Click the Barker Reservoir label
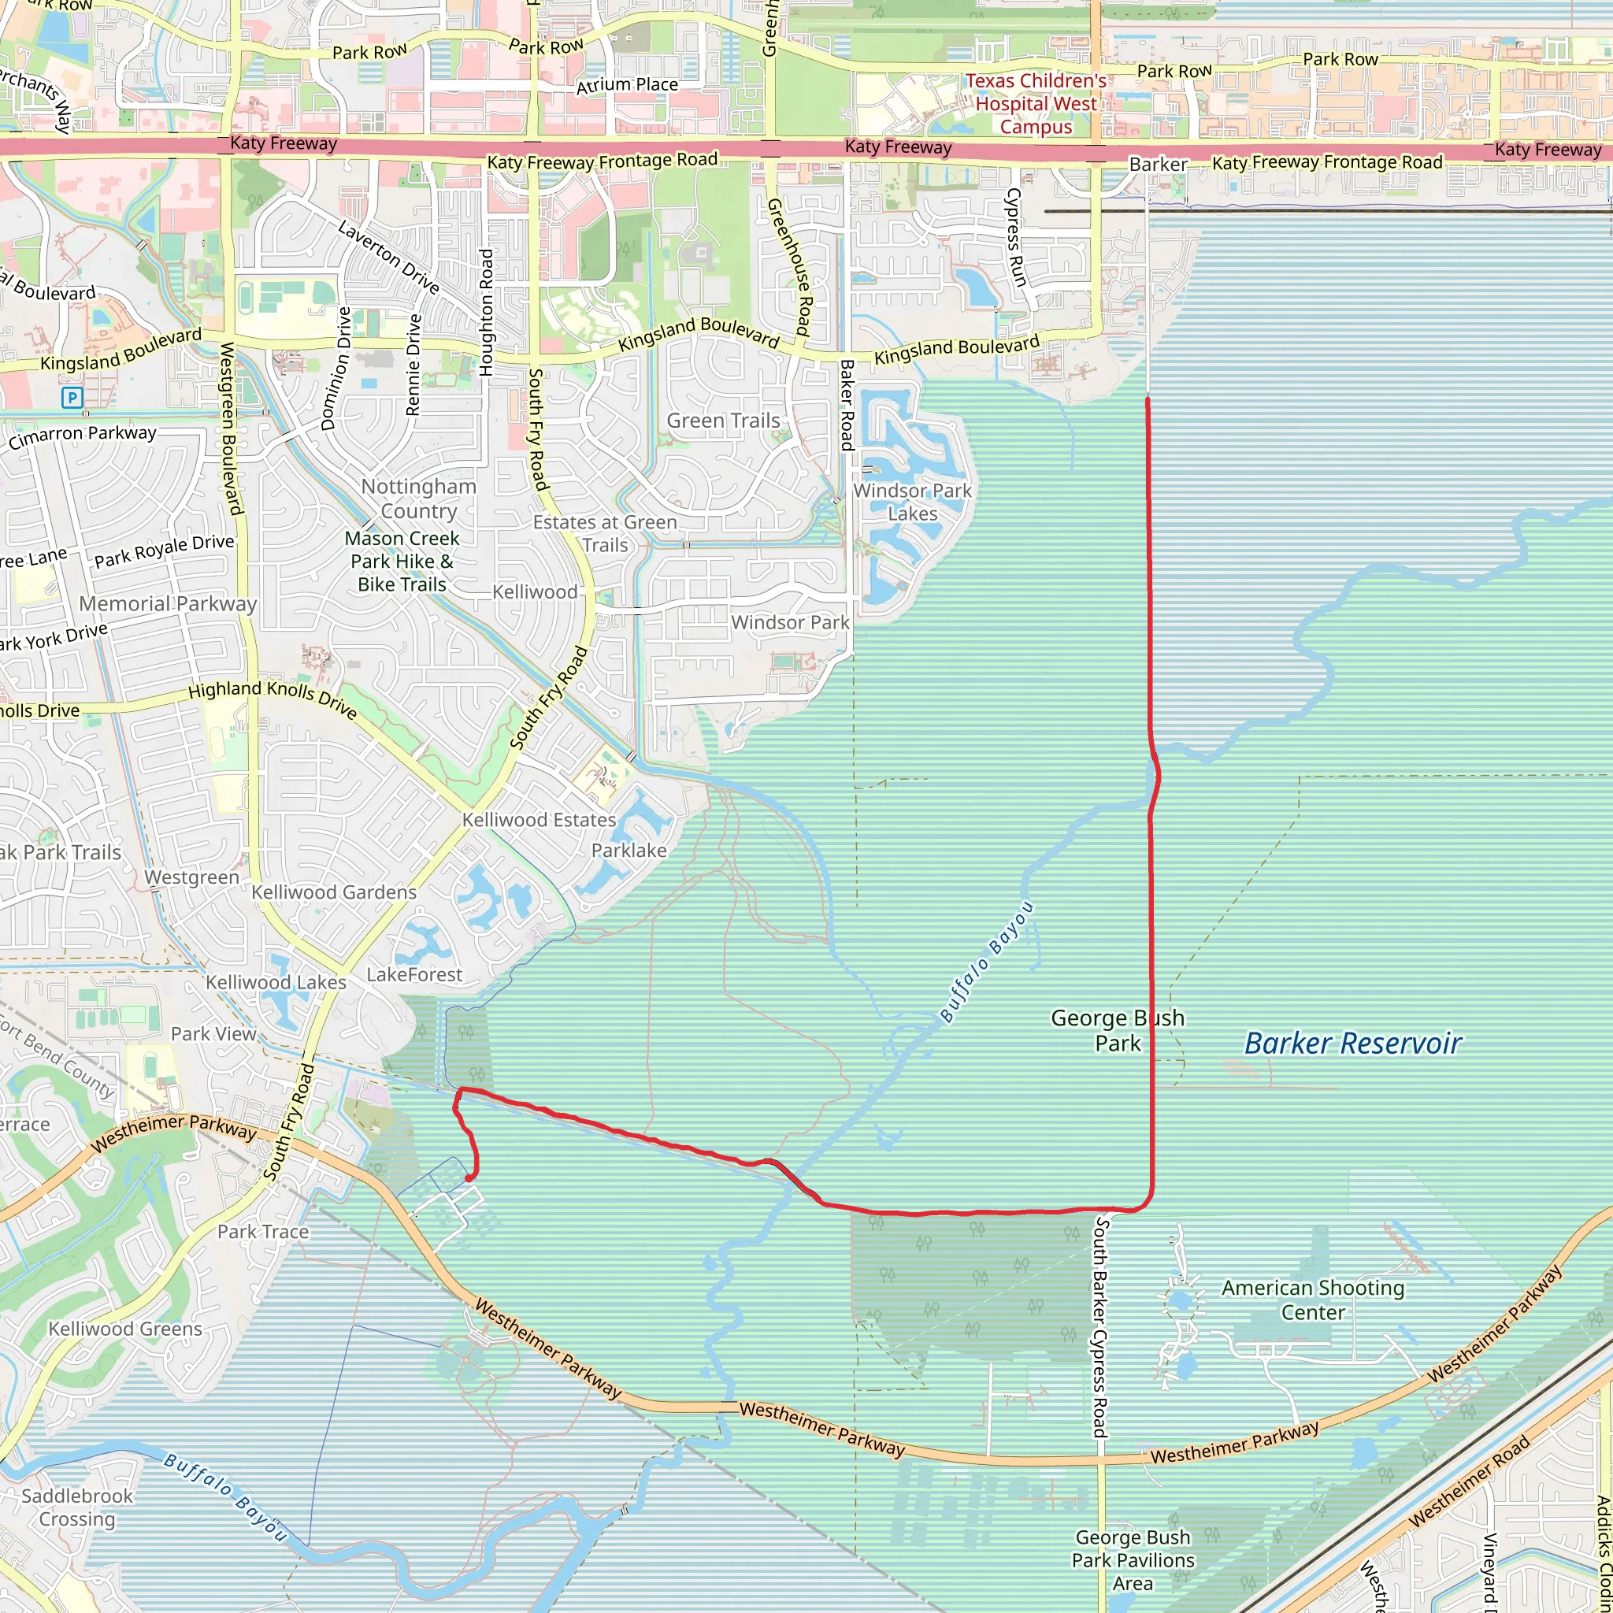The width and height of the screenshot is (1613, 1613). click(x=1352, y=1044)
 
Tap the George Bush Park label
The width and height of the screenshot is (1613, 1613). click(x=1117, y=1030)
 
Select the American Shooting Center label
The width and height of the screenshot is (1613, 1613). click(x=1312, y=1300)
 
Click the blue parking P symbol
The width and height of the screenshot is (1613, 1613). click(x=72, y=398)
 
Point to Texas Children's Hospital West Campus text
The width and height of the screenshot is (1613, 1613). click(x=1036, y=105)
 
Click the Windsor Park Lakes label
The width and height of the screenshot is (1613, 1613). click(x=913, y=502)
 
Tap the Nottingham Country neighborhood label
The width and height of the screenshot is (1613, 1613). click(x=418, y=499)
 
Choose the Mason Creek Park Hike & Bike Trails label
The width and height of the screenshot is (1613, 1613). click(x=402, y=561)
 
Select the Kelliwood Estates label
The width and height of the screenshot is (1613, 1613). click(x=539, y=820)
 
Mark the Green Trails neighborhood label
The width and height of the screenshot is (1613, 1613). click(x=723, y=421)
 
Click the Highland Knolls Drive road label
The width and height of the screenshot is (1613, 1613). click(x=273, y=697)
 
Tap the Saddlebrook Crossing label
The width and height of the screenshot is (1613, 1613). click(x=77, y=1507)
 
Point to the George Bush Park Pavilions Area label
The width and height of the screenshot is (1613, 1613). click(x=1133, y=1560)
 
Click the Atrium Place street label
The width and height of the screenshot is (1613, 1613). click(x=627, y=85)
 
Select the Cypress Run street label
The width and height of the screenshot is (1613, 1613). click(x=1015, y=237)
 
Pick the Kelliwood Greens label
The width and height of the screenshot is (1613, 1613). click(x=125, y=1329)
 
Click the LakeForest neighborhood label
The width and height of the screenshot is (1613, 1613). click(x=414, y=974)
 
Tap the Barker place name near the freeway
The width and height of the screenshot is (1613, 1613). click(x=1158, y=165)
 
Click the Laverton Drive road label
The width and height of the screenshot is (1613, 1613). click(x=388, y=256)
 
